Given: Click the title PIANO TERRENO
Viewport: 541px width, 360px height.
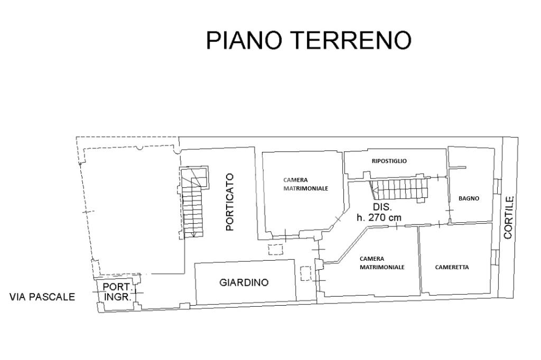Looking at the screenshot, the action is (308, 40).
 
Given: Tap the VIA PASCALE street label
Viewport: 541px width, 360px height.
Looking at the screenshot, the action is (42, 297).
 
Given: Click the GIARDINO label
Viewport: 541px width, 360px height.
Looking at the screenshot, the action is (244, 282).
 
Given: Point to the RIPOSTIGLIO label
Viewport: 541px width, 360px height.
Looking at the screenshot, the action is (389, 161).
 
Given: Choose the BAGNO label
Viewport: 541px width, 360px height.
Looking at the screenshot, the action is (469, 198).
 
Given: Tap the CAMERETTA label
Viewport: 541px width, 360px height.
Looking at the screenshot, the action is (452, 267).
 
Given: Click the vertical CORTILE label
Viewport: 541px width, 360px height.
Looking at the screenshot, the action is (508, 217).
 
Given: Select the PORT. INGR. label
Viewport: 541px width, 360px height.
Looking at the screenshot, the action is (117, 291).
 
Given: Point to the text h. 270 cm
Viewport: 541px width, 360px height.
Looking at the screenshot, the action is (379, 217).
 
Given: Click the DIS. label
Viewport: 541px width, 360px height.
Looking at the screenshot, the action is (382, 207).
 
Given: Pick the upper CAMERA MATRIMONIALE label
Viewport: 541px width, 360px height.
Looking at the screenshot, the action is (306, 184).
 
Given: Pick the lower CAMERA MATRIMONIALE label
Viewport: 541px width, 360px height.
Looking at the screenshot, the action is (382, 263).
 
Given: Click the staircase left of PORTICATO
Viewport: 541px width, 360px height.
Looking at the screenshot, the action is (194, 203).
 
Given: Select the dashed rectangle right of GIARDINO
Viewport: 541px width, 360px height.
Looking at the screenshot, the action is (306, 274).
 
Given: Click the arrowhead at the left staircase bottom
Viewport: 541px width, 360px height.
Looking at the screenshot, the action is (194, 233).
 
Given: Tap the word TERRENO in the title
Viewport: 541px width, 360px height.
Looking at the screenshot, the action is (350, 40).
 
